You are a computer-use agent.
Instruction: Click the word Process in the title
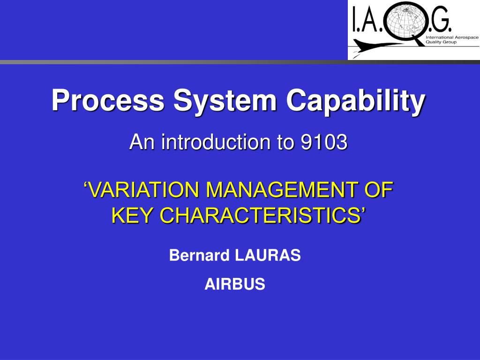(108, 100)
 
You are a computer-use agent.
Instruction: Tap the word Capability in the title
(356, 100)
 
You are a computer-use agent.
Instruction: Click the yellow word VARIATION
(143, 190)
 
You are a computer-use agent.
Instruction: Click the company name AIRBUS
(235, 284)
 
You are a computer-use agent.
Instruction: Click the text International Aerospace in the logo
(451, 37)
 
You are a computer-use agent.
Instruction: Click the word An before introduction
(142, 142)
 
